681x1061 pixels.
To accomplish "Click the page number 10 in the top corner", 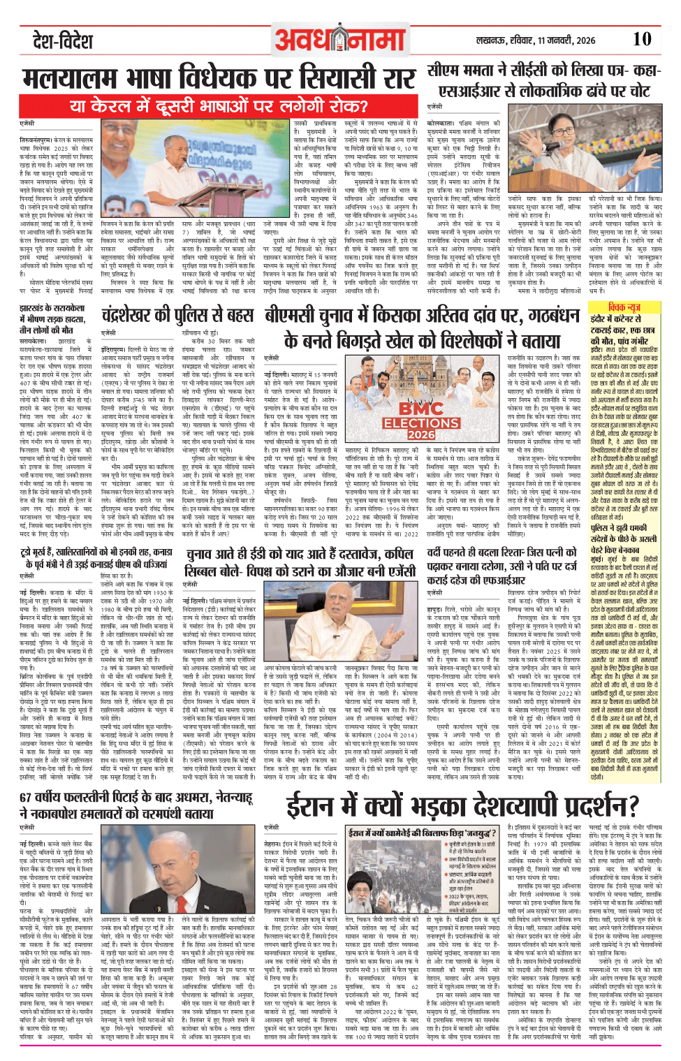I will (641, 39).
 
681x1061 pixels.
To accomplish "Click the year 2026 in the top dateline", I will (585, 41).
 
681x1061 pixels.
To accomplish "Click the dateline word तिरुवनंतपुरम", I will (38, 140).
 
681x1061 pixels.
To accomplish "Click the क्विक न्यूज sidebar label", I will (624, 307).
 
